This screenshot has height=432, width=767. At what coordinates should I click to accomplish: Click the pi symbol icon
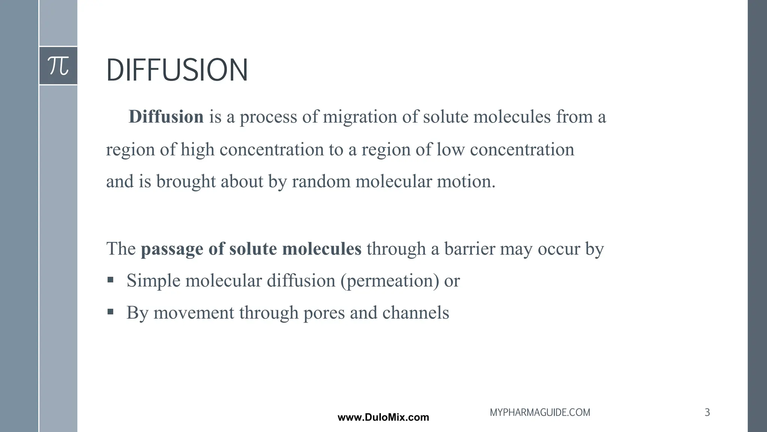[58, 66]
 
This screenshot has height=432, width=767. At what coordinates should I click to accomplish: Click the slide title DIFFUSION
[177, 70]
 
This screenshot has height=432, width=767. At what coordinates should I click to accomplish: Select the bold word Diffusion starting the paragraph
[166, 117]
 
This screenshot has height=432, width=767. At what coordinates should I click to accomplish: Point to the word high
[197, 150]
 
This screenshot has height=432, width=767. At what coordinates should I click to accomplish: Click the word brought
[186, 181]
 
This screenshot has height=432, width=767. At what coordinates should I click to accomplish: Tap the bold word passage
[172, 249]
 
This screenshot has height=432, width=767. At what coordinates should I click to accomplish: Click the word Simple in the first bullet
[154, 281]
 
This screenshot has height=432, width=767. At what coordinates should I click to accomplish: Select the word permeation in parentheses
[389, 281]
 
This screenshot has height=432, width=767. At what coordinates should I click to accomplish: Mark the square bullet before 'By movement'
[110, 312]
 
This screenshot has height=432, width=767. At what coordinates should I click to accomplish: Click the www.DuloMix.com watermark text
[383, 417]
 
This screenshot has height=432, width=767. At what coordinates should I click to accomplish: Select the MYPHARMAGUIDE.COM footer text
[540, 412]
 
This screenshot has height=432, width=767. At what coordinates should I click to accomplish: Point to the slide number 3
[707, 412]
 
